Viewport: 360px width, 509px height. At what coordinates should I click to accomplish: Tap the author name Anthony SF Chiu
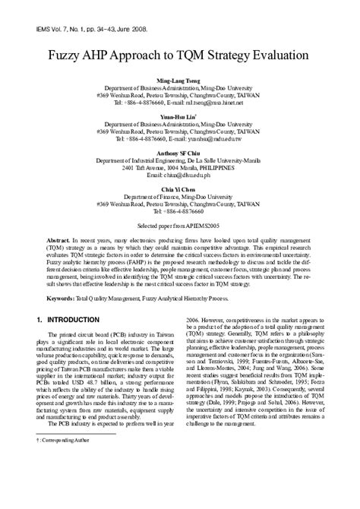coord(180,153)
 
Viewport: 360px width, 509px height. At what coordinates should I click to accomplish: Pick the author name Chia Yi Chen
coord(180,187)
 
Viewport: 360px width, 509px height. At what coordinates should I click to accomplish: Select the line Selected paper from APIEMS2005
coord(180,226)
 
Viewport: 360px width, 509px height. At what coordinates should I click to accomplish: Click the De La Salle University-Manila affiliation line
coord(180,161)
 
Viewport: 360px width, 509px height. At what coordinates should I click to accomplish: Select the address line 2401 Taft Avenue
coord(180,168)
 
